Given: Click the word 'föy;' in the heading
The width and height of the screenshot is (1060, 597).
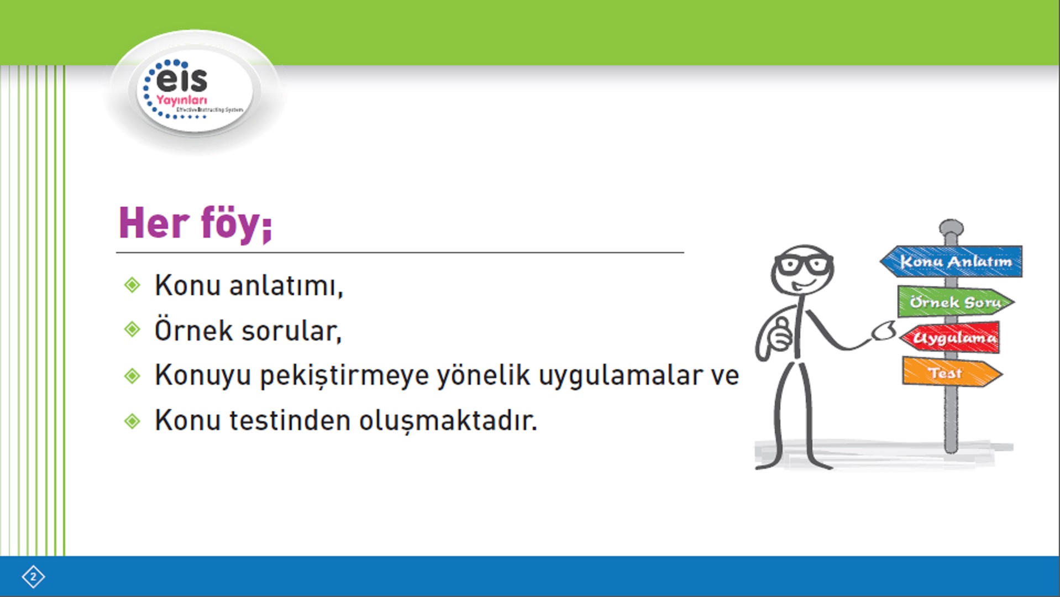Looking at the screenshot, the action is (236, 223).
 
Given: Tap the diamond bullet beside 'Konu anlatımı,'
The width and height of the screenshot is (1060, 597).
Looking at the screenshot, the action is (133, 285).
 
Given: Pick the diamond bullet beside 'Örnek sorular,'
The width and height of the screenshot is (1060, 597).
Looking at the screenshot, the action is (133, 329).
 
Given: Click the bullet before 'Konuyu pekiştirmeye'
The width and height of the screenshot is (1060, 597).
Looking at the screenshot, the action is (133, 376).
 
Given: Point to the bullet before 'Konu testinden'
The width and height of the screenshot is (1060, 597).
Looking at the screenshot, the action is (133, 421).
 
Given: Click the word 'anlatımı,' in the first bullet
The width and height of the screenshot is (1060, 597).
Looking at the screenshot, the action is (286, 286).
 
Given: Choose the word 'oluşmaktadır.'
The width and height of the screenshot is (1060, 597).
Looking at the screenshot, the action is (448, 421).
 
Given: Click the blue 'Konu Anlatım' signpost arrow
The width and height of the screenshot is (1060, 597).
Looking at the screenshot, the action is (951, 261).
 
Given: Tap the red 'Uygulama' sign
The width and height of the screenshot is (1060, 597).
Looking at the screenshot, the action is (950, 337).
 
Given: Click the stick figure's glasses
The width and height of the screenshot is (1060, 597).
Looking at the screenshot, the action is (804, 265).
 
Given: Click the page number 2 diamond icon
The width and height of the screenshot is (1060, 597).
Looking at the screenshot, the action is (33, 577).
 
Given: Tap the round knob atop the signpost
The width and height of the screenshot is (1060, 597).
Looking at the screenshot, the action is (951, 227).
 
